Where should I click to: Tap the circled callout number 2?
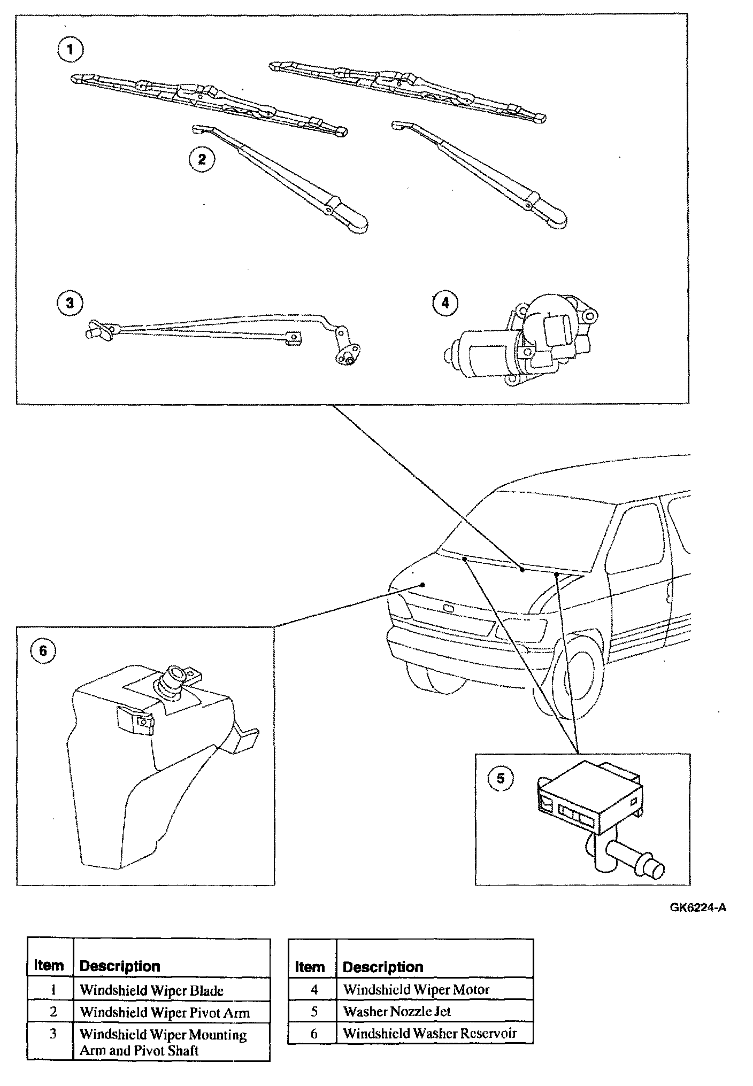pos(202,159)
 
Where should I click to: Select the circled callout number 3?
pos(70,303)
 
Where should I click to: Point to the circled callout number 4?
pos(445,303)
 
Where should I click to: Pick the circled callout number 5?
pos(500,778)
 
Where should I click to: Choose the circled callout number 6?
pos(43,650)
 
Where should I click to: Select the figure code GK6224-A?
pos(698,908)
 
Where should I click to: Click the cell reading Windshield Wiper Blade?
pos(151,990)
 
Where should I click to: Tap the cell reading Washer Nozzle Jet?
pos(397,1011)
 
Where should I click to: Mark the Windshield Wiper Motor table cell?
pos(416,990)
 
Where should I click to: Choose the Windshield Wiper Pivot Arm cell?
pos(165,1012)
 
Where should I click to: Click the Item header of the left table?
pos(49,966)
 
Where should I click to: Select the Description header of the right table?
pos(383,967)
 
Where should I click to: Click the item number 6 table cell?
pos(314,1034)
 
